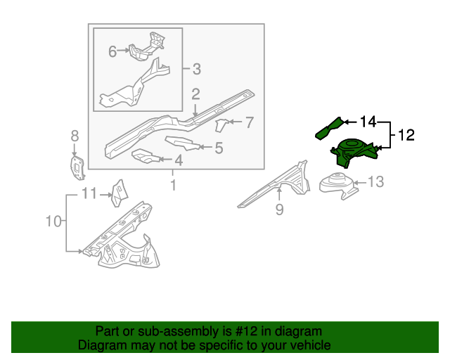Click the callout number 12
(407, 135)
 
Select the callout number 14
(369, 122)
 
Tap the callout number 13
(376, 183)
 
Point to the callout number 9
(279, 210)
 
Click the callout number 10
(54, 222)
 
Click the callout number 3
(196, 69)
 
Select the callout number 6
(112, 51)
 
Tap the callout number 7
(249, 123)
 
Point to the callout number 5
(219, 148)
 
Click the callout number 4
(178, 161)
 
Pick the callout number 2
(196, 94)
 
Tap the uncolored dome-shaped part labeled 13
(337, 184)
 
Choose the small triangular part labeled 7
(221, 125)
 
